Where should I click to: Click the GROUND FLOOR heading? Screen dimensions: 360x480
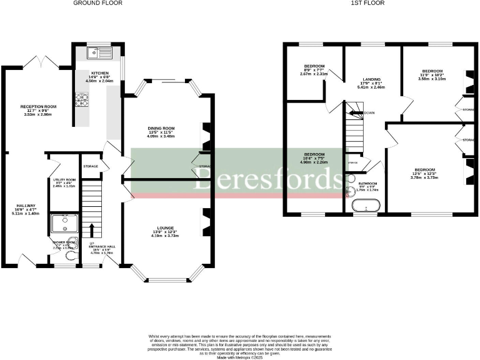tap(97, 3)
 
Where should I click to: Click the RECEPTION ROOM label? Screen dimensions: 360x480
tap(39, 107)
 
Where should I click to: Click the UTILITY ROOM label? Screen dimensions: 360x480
tap(64, 179)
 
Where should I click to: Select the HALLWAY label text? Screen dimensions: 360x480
tap(26, 206)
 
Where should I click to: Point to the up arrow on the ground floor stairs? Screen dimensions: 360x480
tap(92, 229)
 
